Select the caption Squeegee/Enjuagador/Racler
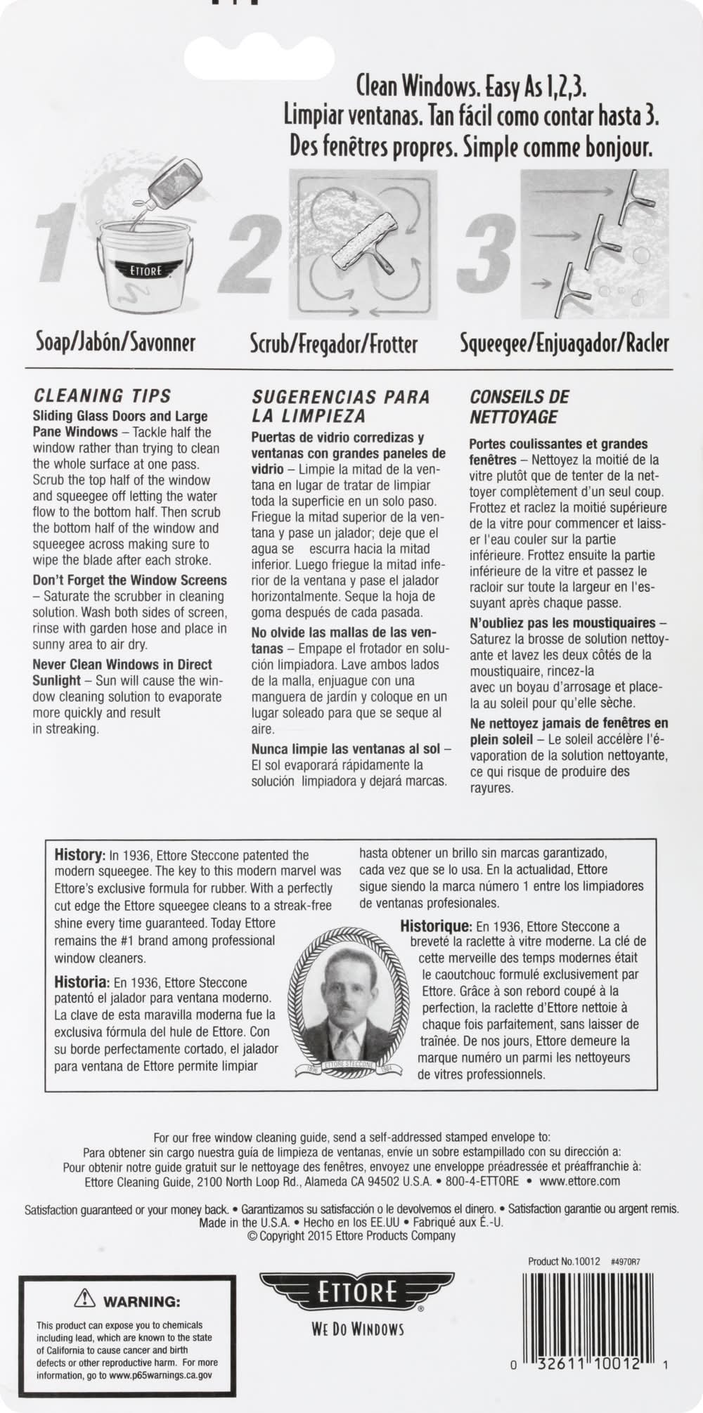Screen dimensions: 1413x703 pyautogui.click(x=564, y=344)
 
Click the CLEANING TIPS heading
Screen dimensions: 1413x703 pyautogui.click(x=102, y=396)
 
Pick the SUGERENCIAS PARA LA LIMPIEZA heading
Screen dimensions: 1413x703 pyautogui.click(x=340, y=406)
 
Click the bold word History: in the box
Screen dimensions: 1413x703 pyautogui.click(x=80, y=855)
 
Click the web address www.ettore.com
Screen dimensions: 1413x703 pyautogui.click(x=580, y=1180)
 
